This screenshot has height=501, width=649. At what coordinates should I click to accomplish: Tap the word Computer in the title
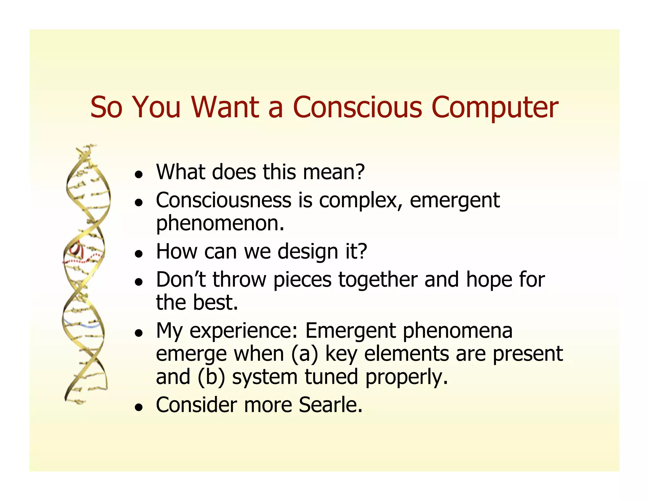tap(495, 108)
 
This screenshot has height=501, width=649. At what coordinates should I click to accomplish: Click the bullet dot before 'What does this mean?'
tap(138, 174)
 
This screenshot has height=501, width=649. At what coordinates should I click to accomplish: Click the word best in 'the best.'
tap(215, 302)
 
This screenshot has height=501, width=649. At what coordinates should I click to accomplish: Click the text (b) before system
tap(211, 377)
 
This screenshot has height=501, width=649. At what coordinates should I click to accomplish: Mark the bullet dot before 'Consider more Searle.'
tap(138, 407)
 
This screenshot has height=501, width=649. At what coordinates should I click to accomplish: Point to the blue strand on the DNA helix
tap(83, 325)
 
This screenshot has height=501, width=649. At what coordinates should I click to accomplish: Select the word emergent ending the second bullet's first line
tap(454, 201)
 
